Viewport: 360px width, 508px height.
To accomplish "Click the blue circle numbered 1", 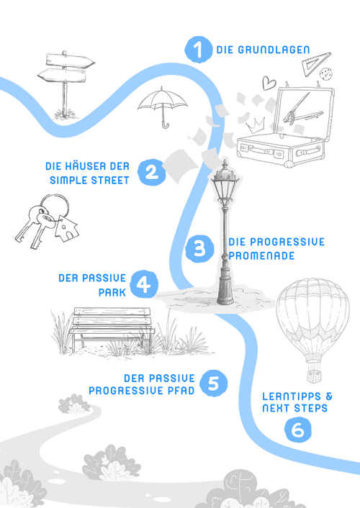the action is [x=199, y=49].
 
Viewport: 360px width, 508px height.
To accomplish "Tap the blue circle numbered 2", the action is [x=151, y=172].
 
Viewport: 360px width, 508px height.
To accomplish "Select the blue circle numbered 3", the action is [x=199, y=249].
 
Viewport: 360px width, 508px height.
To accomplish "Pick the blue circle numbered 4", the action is [x=144, y=284].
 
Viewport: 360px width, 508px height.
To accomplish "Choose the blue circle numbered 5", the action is [x=213, y=384].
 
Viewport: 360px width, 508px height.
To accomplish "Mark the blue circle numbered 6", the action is [x=298, y=430].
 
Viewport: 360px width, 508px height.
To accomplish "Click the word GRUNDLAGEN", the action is [x=274, y=50].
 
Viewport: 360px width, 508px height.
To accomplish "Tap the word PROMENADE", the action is [x=261, y=255].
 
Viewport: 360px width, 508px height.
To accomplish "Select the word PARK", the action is [x=112, y=293].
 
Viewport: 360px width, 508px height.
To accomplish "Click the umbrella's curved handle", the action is [x=166, y=124].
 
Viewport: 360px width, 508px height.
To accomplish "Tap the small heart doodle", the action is [x=269, y=83].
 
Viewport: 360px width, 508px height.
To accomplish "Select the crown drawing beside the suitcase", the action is [x=256, y=125].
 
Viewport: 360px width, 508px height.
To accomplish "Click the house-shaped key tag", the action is [x=66, y=228].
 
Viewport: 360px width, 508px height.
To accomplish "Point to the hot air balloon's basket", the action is [x=314, y=376].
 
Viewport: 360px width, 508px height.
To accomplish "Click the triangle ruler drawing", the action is [x=315, y=63].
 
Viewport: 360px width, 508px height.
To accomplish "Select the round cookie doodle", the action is [x=326, y=74].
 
